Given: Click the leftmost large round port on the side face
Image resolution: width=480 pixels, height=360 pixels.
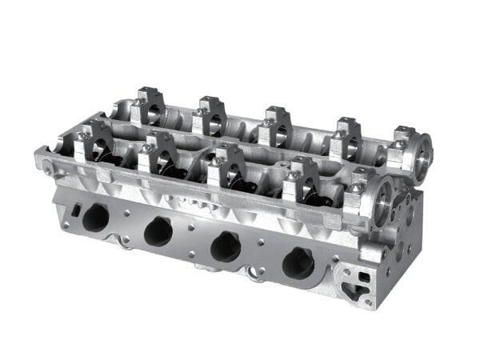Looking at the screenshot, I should (x=95, y=217).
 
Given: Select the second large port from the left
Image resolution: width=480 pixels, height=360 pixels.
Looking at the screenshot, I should (x=158, y=231).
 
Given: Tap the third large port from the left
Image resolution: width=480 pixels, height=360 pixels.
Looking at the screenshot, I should (x=226, y=246).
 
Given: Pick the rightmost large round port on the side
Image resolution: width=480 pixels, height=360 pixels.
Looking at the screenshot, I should (x=298, y=262).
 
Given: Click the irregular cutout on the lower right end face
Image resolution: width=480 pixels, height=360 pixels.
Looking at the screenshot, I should (x=356, y=283).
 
